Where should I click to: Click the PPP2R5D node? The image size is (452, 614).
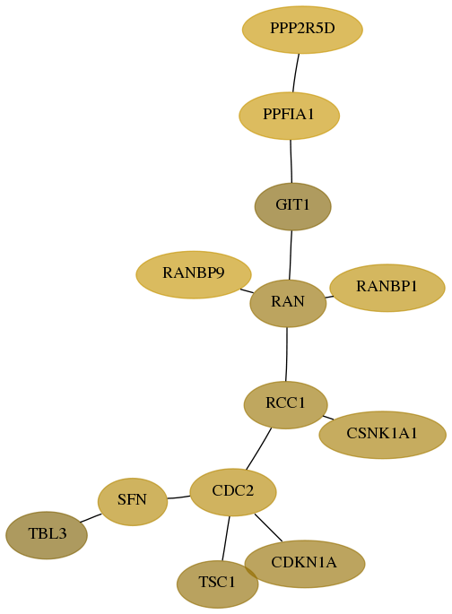302,30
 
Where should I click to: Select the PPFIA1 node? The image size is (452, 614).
289,116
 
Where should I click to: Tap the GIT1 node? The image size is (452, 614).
292,206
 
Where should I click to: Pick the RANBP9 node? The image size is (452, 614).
194,274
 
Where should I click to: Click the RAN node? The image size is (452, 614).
288,303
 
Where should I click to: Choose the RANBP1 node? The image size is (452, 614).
387,288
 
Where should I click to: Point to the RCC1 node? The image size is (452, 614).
285,404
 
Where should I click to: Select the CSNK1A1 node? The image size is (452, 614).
382,435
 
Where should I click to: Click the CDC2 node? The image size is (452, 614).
233,492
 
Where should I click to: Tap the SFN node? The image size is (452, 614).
133,502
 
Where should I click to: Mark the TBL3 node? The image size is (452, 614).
47,535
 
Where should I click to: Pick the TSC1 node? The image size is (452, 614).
217,584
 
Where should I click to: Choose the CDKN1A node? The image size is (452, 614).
305,564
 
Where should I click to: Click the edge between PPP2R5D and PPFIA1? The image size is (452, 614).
295,73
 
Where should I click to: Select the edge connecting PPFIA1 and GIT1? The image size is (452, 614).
291,161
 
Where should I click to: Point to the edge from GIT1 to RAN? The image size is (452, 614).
291,255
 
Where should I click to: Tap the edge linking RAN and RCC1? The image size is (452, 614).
287,354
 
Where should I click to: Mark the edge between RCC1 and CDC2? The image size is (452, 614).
258,448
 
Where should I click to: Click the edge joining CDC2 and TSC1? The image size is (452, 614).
226,539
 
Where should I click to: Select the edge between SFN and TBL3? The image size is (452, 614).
91,518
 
